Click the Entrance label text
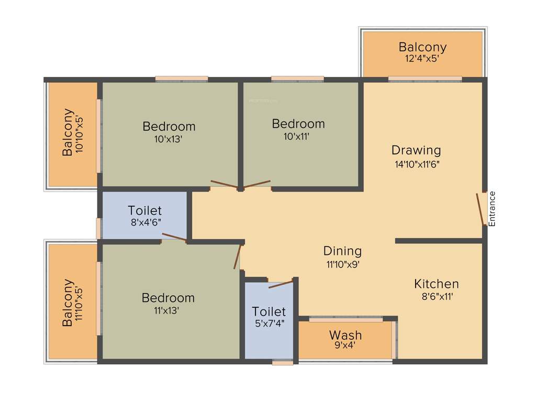coord(492,209)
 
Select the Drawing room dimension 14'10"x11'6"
coord(417,164)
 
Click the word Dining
coord(342,251)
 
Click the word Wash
coord(345,335)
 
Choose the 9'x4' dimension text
coord(345,345)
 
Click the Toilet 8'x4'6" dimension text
coord(145,222)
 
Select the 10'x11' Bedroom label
coord(298,124)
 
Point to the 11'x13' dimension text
coord(168,310)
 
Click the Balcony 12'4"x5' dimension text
coord(422,59)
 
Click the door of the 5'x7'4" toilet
coord(281,285)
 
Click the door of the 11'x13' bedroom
coord(238,256)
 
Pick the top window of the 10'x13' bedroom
coord(181,79)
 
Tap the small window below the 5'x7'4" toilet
coord(283,362)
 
